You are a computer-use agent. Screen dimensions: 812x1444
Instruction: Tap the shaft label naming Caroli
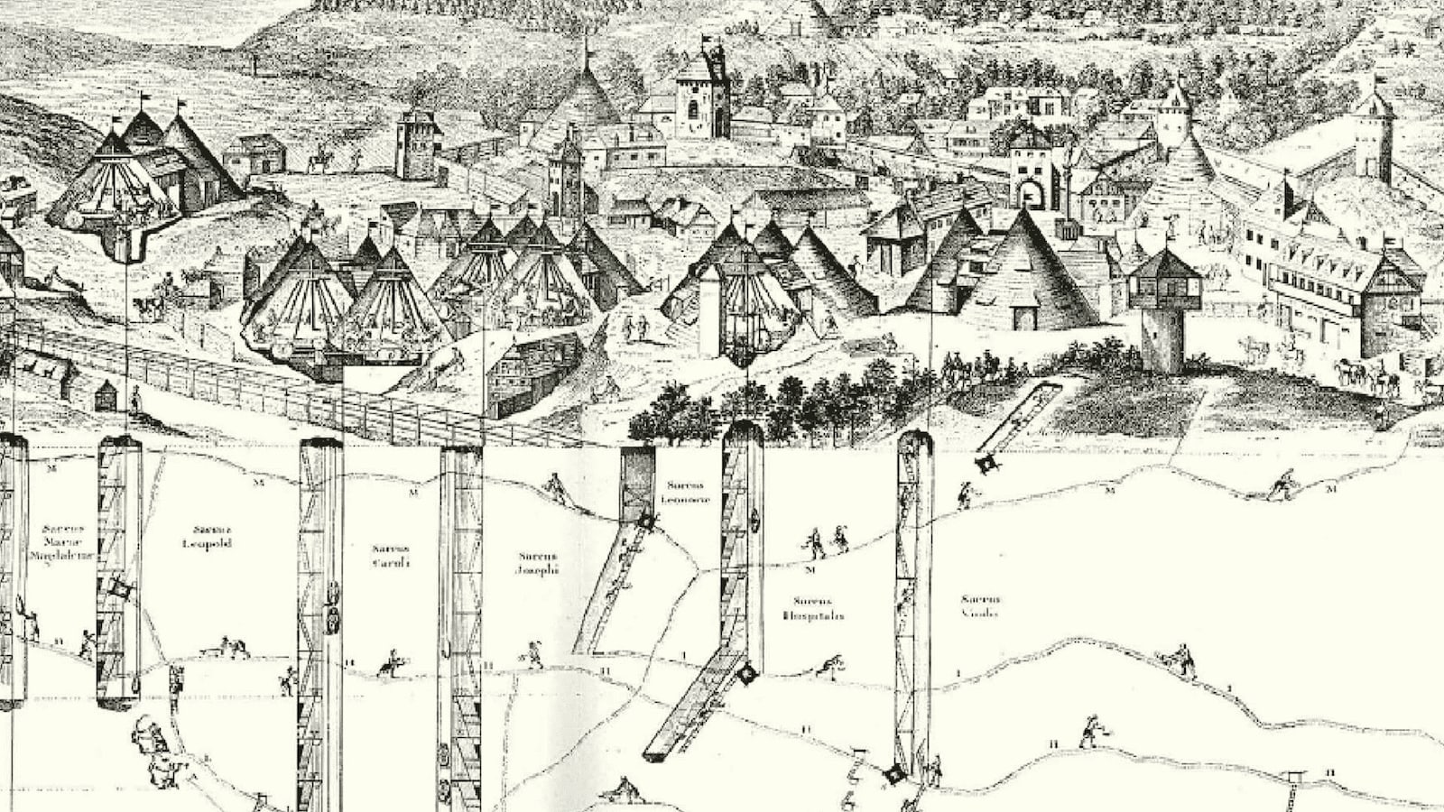(391, 555)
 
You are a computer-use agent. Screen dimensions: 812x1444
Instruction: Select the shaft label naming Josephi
(538, 563)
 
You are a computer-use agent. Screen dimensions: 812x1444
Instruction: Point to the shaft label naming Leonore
(686, 493)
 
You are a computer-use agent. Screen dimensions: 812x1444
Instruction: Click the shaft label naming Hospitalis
(813, 608)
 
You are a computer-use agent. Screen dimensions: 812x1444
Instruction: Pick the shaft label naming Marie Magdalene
(61, 543)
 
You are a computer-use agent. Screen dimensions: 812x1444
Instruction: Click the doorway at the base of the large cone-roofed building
(1023, 318)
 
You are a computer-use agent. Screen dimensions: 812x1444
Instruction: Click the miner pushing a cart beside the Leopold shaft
(233, 647)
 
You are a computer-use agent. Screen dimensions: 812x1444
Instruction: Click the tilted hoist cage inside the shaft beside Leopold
(119, 591)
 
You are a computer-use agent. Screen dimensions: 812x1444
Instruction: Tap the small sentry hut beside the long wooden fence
(106, 394)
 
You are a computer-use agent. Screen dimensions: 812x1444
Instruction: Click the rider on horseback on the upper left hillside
(319, 161)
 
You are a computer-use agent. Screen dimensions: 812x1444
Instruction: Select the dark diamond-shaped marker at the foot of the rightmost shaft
(893, 774)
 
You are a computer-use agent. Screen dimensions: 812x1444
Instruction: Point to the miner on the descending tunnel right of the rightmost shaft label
(1179, 660)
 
